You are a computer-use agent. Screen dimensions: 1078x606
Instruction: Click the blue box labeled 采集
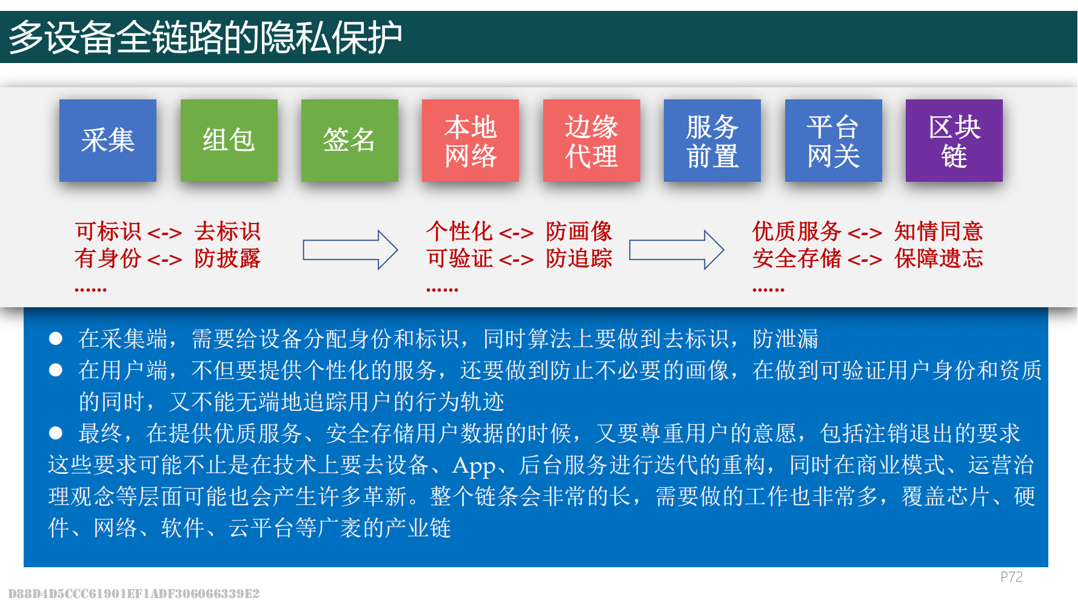click(108, 141)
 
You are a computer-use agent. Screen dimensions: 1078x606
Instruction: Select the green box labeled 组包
click(229, 141)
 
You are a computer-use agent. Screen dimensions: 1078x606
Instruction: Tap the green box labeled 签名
click(350, 141)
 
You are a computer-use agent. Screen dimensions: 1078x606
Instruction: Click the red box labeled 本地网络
click(470, 141)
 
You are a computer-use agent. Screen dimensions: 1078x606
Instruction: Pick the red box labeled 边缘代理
click(592, 141)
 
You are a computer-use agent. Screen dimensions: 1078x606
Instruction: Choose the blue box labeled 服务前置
click(712, 141)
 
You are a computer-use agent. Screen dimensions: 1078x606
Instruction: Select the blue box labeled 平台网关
click(834, 141)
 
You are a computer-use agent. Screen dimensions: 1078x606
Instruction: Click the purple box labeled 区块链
click(954, 141)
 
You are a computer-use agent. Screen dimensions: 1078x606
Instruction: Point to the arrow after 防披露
click(350, 250)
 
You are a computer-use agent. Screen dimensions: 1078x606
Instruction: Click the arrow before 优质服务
click(677, 250)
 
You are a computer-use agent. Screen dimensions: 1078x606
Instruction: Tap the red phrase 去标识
click(227, 231)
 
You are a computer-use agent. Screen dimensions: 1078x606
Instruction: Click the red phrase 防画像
click(579, 231)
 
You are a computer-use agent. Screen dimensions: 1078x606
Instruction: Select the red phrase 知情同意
click(939, 231)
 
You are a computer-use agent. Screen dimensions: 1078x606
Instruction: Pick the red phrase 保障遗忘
click(939, 259)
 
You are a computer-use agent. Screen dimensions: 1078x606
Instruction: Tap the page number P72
click(1011, 577)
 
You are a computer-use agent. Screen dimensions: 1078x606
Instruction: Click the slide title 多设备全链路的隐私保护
click(206, 38)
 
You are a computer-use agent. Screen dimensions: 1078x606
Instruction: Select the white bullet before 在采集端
click(56, 338)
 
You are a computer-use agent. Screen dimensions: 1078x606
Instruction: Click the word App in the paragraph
click(474, 466)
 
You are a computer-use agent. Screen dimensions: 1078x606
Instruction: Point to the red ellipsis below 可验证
click(442, 290)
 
